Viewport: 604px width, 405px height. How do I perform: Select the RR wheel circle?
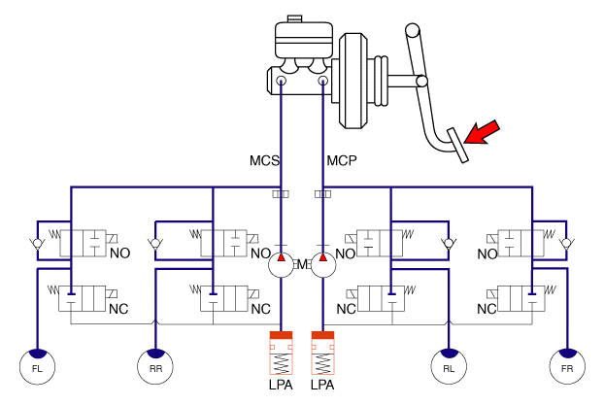155,366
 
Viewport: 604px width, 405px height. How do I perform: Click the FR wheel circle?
565,366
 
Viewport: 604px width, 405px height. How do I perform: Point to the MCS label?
263,160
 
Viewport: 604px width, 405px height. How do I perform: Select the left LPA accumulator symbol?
281,354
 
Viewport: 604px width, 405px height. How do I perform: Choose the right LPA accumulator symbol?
322,354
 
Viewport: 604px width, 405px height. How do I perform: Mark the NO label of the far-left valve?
119,254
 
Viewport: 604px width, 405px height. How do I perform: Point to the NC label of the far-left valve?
119,310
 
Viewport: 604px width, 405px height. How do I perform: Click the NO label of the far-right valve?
488,254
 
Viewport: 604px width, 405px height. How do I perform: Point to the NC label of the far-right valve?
488,310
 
